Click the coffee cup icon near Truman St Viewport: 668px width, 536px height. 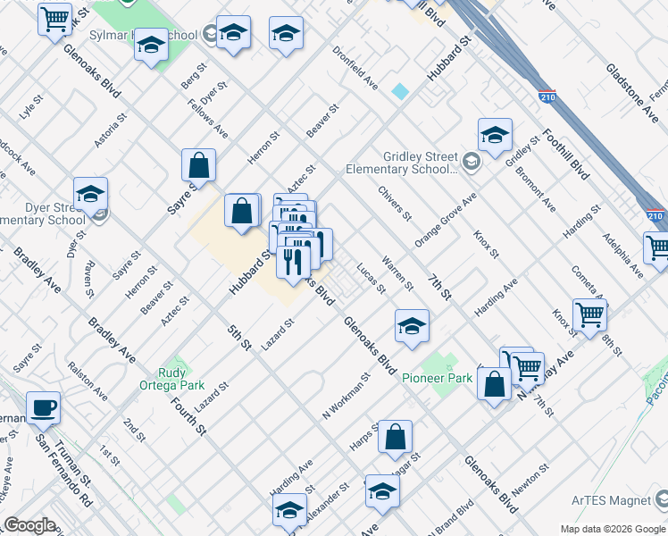[43, 408]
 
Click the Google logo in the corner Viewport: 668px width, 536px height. [29, 525]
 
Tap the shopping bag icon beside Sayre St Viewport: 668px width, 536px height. [198, 165]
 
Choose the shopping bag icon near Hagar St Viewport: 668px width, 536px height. [395, 437]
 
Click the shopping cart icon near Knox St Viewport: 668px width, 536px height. [589, 315]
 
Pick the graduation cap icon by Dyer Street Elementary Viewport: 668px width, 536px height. [90, 194]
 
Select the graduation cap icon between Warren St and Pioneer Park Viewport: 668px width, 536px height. [411, 326]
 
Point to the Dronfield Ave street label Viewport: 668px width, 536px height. [355, 67]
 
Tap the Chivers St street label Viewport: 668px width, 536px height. [394, 204]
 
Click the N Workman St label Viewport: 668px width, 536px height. [346, 397]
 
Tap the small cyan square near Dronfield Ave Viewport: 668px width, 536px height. [400, 91]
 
